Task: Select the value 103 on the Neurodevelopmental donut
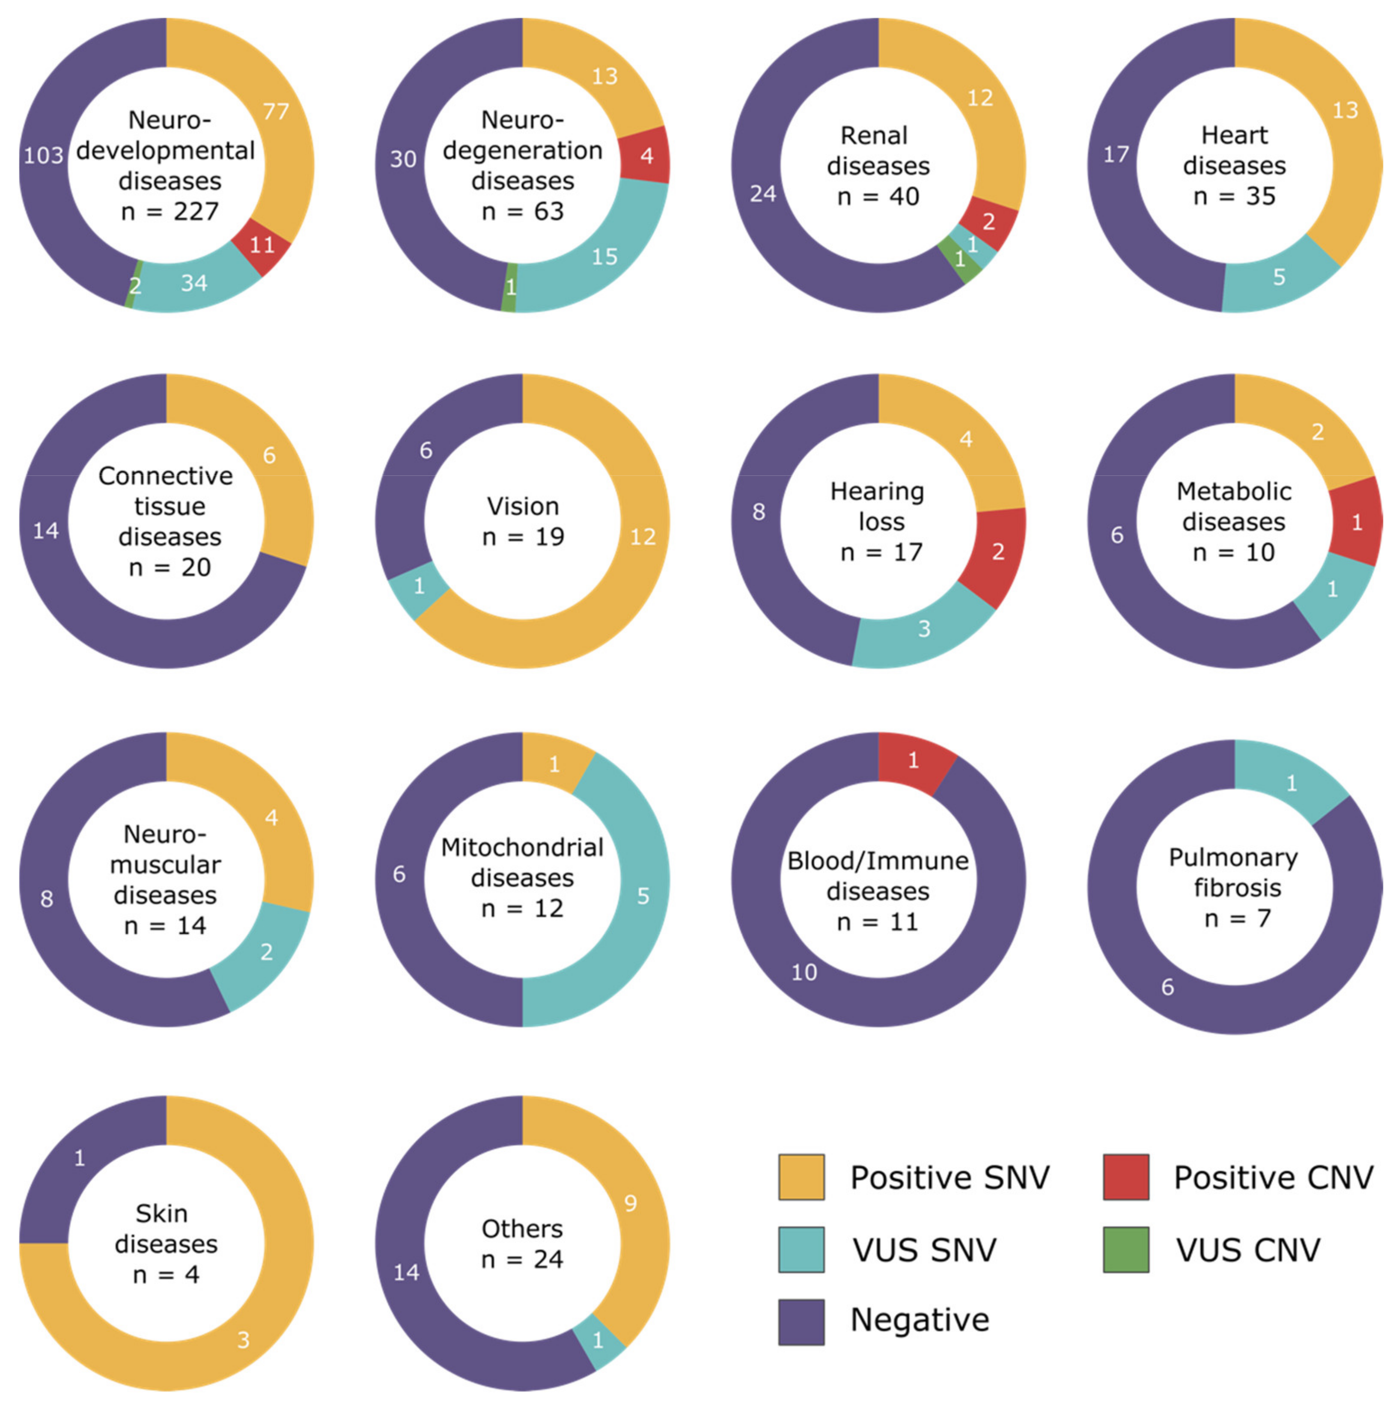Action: [44, 155]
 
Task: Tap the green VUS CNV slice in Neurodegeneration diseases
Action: [509, 287]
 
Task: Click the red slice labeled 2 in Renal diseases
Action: [988, 221]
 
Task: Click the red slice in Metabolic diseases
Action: [1356, 522]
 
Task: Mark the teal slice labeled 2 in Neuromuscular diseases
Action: [266, 952]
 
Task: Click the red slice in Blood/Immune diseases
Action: [913, 761]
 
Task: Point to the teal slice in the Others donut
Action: [598, 1340]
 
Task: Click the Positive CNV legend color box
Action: [1126, 1178]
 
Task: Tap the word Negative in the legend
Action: [920, 1320]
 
